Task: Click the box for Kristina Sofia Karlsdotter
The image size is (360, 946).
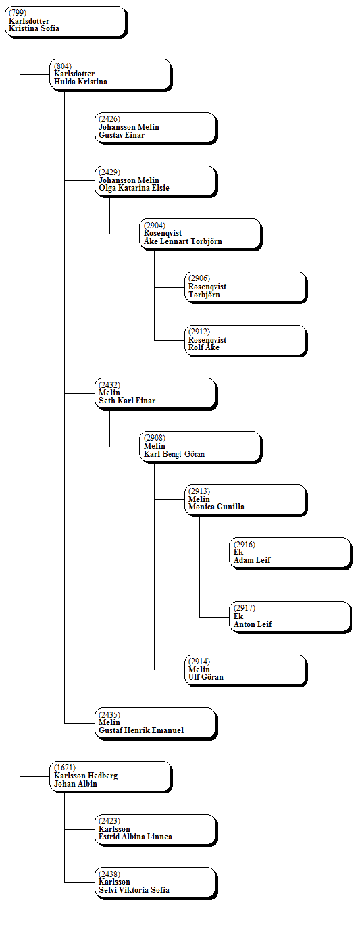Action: tap(66, 22)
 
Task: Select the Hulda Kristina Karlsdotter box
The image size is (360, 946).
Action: tap(111, 75)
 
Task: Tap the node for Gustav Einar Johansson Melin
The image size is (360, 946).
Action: tap(156, 128)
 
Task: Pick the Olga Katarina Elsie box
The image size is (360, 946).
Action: tap(156, 182)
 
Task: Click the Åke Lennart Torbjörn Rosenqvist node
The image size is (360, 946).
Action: tap(201, 235)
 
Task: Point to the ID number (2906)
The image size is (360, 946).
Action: tap(199, 278)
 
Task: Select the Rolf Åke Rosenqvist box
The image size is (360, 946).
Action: tap(246, 341)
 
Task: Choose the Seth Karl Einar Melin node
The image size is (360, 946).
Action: tap(156, 394)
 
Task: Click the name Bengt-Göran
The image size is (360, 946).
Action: tap(184, 454)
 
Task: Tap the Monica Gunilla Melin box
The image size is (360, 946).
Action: tap(246, 501)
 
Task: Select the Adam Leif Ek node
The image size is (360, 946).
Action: tap(291, 553)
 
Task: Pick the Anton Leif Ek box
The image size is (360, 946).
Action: tap(291, 618)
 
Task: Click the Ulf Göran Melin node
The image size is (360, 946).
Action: tap(246, 670)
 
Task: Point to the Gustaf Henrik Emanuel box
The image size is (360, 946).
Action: tap(156, 724)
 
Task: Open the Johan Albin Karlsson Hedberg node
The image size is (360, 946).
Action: tap(111, 777)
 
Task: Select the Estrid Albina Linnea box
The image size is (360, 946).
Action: tap(156, 830)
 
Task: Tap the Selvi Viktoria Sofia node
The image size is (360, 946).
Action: tap(156, 884)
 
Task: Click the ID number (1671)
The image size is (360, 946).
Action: tap(65, 768)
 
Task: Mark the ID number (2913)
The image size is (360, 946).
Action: tap(199, 491)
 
